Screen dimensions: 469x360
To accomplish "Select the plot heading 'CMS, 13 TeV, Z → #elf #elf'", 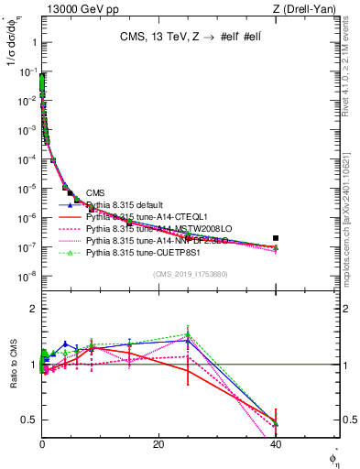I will [x=189, y=38].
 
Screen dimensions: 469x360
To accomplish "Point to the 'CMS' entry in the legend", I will [x=95, y=192].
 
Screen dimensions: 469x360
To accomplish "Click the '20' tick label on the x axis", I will [x=158, y=443].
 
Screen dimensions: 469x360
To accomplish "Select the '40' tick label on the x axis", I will [x=275, y=443].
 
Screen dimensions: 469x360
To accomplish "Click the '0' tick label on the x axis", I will [x=42, y=443].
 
